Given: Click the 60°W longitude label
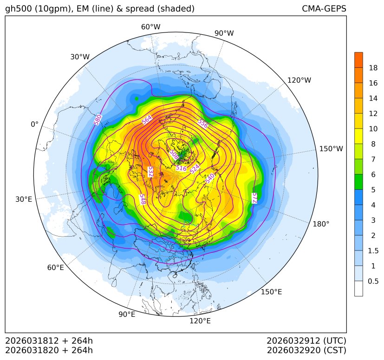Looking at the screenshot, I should pos(150,27).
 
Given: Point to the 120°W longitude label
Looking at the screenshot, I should pos(299,80).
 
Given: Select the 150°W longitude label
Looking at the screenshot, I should pos(331,149).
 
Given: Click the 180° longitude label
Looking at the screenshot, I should pos(321,224).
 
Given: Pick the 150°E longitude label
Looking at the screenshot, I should pos(271,292).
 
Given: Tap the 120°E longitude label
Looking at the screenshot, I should pos(200,321).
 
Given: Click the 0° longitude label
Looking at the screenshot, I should pos(34,124).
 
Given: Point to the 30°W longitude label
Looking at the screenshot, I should pos(80,57).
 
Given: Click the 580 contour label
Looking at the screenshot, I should pos(98,120).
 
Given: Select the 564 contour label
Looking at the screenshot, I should pos(147,120).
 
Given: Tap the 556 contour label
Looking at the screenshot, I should pos(202,123).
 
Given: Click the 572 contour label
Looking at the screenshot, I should pos(254,198).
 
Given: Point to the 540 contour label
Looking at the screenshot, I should pos(209,178).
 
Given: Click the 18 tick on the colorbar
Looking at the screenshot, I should pos(373,68).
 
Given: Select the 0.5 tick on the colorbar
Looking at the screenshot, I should pos(373,281).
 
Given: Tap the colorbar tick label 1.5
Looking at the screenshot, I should pos(373,251).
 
